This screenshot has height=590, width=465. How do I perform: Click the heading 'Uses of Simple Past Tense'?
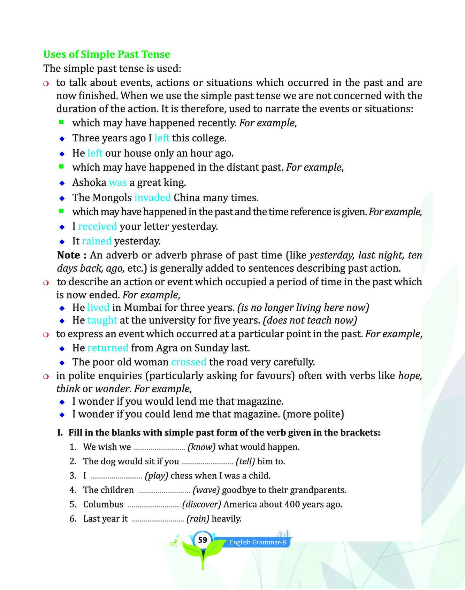[107, 54]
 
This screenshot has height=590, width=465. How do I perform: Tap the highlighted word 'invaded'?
[153, 198]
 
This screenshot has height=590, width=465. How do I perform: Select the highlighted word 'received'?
[98, 226]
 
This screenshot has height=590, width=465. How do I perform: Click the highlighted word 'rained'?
[97, 241]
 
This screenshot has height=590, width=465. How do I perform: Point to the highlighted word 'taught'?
[102, 320]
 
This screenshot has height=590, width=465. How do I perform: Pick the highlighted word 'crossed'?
[189, 362]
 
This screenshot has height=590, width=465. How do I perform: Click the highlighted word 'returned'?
[108, 348]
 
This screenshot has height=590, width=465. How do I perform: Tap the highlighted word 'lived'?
[98, 308]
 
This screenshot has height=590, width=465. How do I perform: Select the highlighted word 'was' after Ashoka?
[118, 183]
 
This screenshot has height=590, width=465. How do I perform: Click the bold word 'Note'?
[69, 255]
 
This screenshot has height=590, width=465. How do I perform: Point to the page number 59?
[203, 540]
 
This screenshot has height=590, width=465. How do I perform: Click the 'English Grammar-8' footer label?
[258, 542]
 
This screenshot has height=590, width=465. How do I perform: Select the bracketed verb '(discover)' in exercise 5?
[201, 504]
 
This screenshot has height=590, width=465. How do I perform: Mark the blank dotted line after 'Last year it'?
[158, 519]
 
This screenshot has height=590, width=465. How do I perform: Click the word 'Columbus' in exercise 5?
[103, 504]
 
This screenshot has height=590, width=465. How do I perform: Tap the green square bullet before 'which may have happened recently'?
[62, 122]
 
